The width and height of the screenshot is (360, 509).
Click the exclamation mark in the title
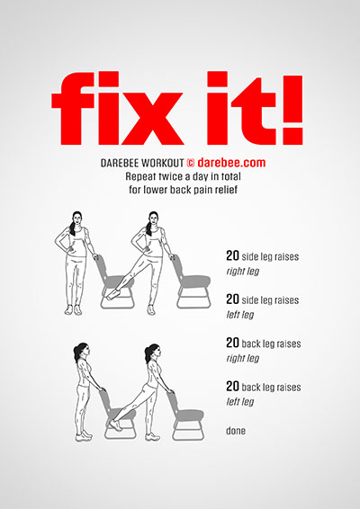coord(292,111)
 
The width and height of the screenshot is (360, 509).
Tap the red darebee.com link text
coord(231,162)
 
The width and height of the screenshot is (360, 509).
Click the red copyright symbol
coord(191,163)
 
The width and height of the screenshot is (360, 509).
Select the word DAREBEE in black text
coord(120,163)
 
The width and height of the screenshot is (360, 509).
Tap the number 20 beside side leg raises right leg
coord(232,255)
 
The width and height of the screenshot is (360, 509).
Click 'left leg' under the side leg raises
coord(240,314)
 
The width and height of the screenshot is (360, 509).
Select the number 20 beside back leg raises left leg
coord(232,387)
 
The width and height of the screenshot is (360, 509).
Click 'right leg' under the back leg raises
coord(243,358)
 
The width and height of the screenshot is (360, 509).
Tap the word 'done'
coord(236,431)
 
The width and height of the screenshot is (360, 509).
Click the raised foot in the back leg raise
coord(115,425)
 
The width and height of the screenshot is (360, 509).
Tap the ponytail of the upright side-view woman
coord(77,353)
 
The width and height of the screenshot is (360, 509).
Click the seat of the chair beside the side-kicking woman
coord(194,281)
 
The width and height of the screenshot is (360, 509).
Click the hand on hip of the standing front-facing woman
coord(68,250)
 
